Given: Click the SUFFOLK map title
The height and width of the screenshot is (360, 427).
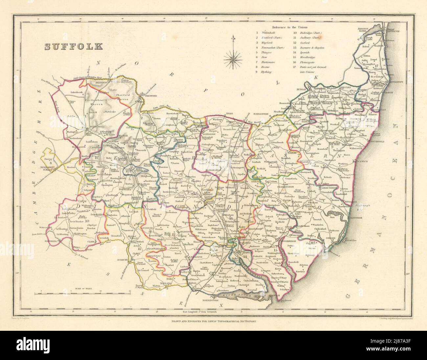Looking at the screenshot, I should click(74, 46).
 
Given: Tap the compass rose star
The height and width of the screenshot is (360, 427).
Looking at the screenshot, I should click(234, 59).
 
